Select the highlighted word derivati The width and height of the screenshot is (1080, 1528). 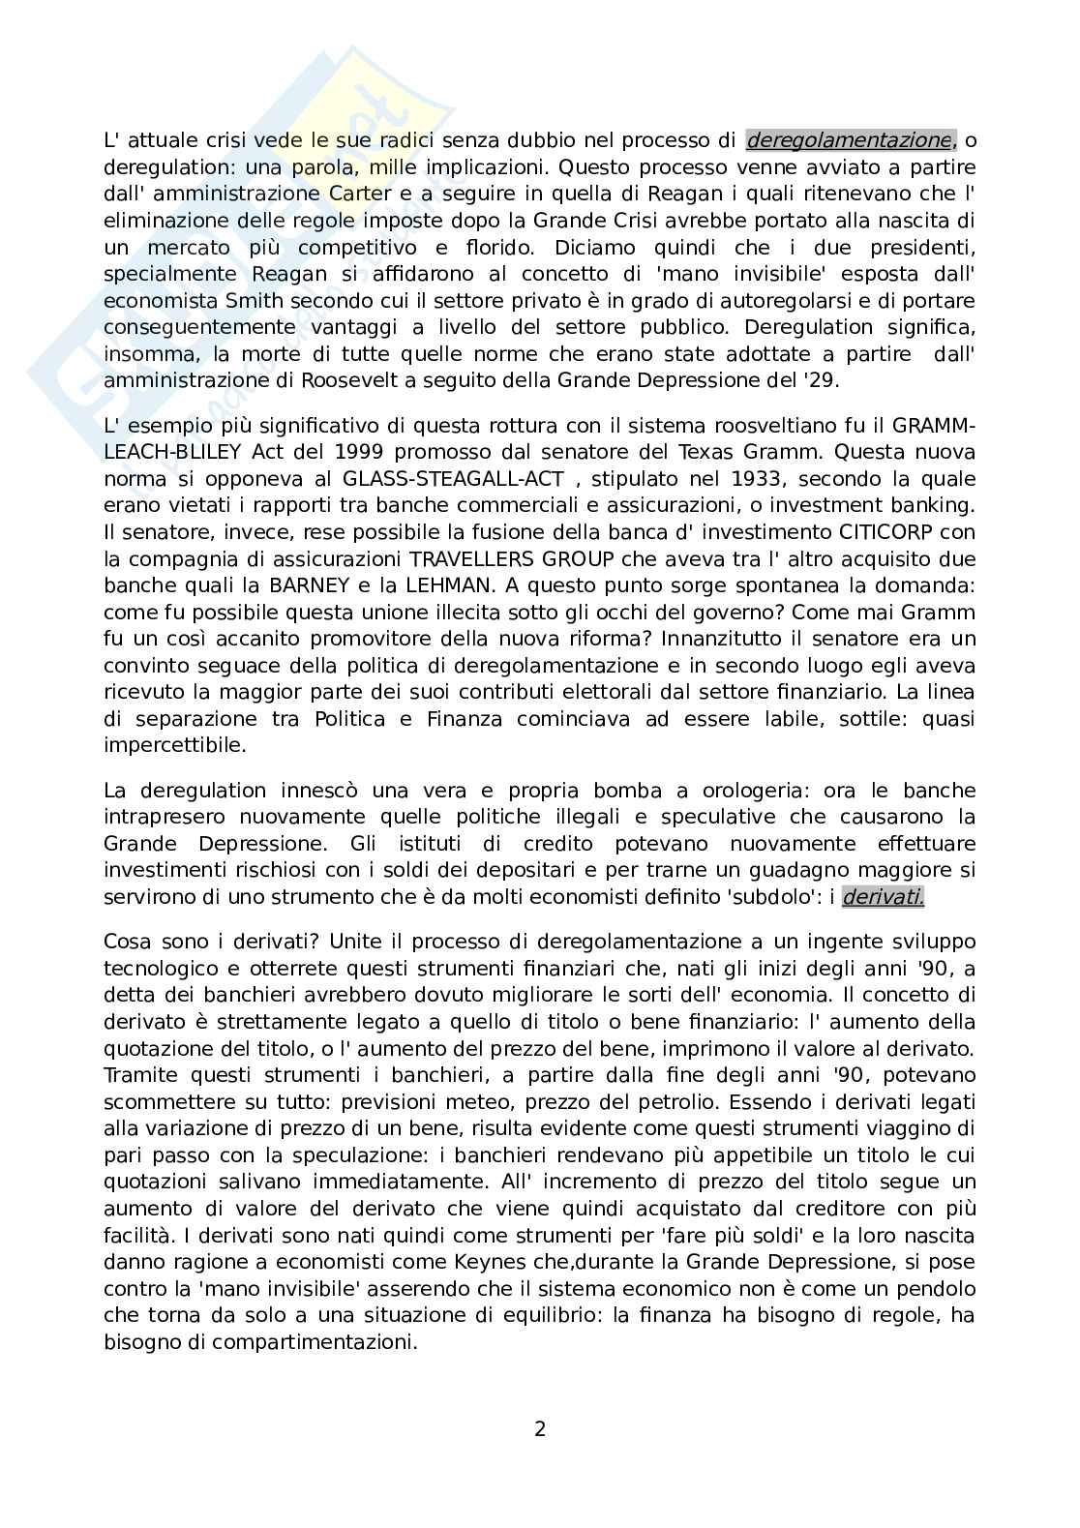[883, 897]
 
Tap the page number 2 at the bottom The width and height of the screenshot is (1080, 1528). [540, 1427]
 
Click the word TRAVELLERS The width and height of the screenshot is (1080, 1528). [477, 559]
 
